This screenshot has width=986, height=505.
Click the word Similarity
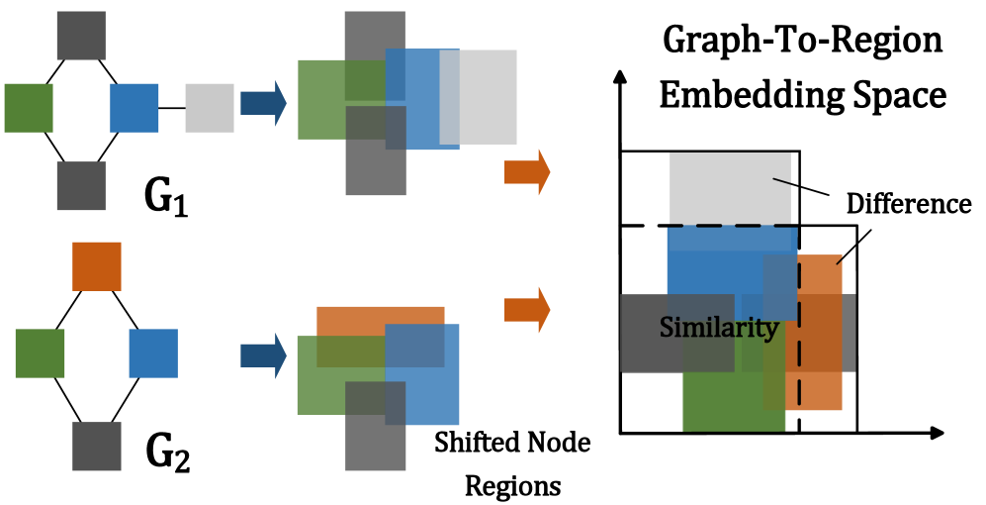pyautogui.click(x=718, y=328)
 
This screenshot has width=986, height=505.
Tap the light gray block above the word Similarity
pyautogui.click(x=729, y=188)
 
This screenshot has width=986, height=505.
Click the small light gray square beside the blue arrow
pyautogui.click(x=209, y=108)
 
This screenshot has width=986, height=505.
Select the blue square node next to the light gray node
pyautogui.click(x=134, y=108)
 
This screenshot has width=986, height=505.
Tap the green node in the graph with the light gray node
pyautogui.click(x=29, y=108)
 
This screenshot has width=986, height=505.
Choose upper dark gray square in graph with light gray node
pyautogui.click(x=81, y=36)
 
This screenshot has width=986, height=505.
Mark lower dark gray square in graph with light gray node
pyautogui.click(x=81, y=186)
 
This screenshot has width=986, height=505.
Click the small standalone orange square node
pyautogui.click(x=97, y=266)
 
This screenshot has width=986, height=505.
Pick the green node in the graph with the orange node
pyautogui.click(x=40, y=353)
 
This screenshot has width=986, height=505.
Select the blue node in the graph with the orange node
pyautogui.click(x=153, y=353)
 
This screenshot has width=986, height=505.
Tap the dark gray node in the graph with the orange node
pyautogui.click(x=97, y=447)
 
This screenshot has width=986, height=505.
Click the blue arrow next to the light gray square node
pyautogui.click(x=263, y=103)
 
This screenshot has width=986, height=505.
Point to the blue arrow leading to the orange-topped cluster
pyautogui.click(x=263, y=355)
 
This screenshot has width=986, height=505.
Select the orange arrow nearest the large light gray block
pyautogui.click(x=527, y=172)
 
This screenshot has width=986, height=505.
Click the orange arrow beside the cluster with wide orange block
pyautogui.click(x=527, y=310)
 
